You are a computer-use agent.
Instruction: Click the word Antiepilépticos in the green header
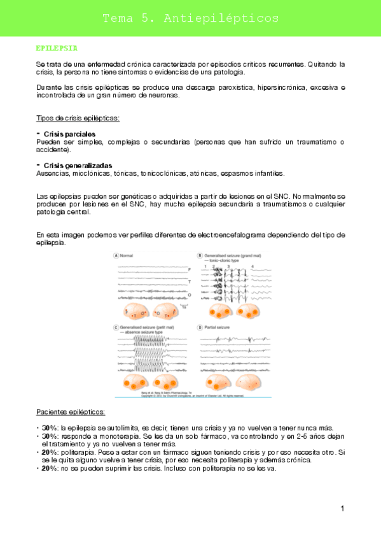(221, 18)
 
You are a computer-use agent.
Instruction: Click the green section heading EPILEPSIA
(57, 48)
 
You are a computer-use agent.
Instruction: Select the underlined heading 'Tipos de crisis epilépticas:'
(78, 118)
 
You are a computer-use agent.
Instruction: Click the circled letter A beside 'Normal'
(116, 255)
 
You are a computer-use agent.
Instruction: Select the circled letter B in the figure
(199, 255)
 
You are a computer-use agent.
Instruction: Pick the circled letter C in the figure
(116, 327)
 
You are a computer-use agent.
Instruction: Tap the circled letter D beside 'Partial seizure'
(199, 327)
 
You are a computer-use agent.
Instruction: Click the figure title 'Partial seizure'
(218, 327)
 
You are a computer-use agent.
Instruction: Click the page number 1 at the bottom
(342, 508)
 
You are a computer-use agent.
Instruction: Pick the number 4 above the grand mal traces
(253, 266)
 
